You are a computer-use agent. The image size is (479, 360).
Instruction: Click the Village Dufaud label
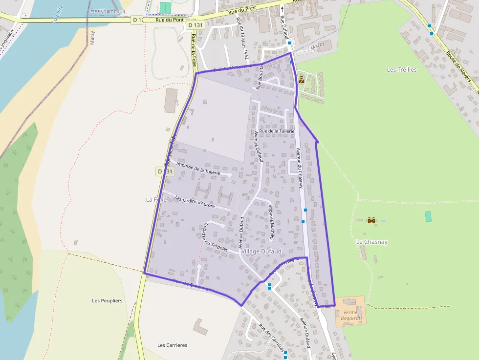[x=261, y=251]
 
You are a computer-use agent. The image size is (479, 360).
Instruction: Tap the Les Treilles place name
[x=402, y=70]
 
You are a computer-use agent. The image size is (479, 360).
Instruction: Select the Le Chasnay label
[x=371, y=242]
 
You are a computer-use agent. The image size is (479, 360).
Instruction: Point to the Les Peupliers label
[x=107, y=300]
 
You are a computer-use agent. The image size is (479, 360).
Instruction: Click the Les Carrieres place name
[x=172, y=345]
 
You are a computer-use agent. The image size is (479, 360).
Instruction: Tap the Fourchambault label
[x=108, y=11]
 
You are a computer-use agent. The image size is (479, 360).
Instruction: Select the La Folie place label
[x=156, y=199]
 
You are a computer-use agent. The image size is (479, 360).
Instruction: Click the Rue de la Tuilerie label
[x=277, y=131]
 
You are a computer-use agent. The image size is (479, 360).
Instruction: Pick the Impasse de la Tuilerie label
[x=198, y=169]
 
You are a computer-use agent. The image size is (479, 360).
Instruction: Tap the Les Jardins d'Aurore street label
[x=195, y=202]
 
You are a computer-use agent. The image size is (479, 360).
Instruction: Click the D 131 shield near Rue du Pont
[x=195, y=25]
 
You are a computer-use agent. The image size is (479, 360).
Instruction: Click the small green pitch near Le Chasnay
[x=428, y=216]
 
